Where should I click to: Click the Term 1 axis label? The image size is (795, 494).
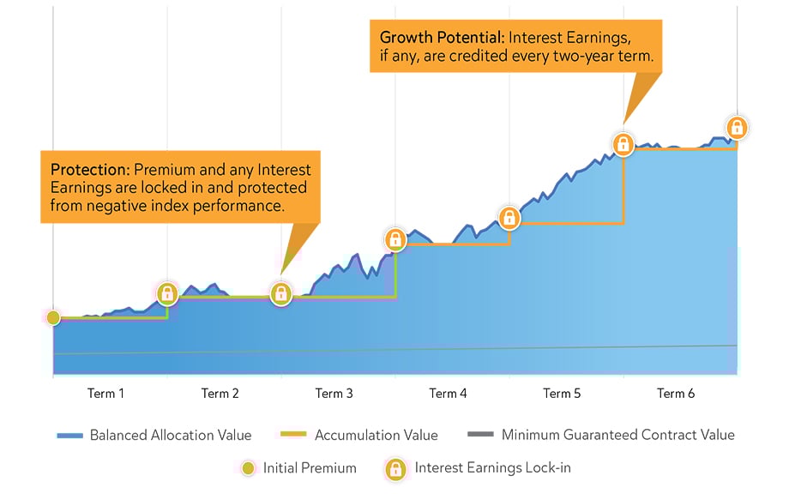pos(105,394)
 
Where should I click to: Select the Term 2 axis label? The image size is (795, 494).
pos(220,394)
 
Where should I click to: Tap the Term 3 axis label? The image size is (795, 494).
pos(334,394)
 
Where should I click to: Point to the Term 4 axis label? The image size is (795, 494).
pos(448,394)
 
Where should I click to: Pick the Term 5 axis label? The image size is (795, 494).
pos(562,394)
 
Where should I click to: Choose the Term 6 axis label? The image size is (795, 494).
pos(676,394)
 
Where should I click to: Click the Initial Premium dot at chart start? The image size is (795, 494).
pos(53,317)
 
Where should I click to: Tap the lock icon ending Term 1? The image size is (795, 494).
pos(167,293)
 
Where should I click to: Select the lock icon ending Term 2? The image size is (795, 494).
pos(281,293)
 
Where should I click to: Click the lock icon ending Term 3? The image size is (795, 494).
pos(395,239)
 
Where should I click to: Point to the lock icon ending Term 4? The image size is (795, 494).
pos(509,218)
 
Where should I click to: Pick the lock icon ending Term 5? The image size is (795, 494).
pos(623,143)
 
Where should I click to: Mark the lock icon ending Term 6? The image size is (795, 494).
pos(737,128)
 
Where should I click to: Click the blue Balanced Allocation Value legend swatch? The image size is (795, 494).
pos(69,436)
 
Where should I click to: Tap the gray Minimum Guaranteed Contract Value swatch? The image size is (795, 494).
pos(481,436)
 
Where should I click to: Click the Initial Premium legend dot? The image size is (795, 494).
pos(247,468)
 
